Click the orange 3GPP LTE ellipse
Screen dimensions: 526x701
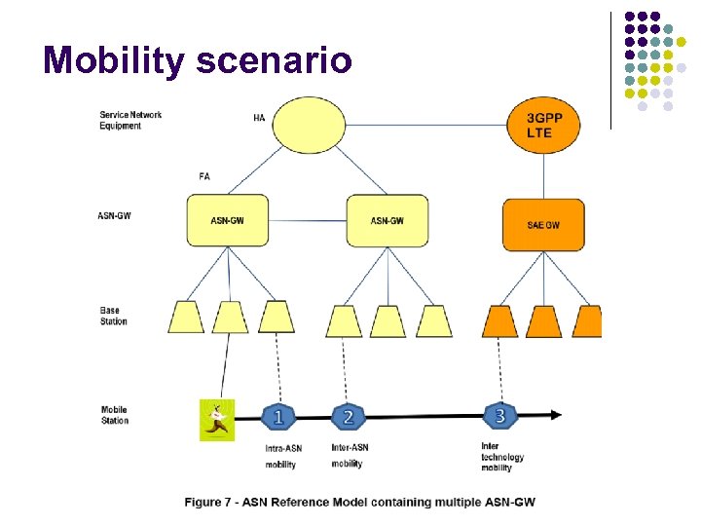click(544, 125)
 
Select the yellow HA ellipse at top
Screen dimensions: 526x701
click(309, 127)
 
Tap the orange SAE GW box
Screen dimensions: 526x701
click(543, 225)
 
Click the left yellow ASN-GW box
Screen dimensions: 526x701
click(228, 220)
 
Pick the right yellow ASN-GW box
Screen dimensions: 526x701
click(387, 220)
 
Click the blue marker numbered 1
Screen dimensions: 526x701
click(278, 418)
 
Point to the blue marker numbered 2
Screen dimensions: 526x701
click(348, 418)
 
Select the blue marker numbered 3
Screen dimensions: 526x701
click(499, 416)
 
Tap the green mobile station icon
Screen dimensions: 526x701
click(217, 420)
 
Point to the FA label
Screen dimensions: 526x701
click(203, 177)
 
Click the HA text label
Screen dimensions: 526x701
click(259, 118)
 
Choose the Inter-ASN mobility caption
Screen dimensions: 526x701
click(350, 455)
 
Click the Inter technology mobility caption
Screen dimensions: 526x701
click(502, 457)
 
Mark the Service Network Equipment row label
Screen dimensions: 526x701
click(130, 120)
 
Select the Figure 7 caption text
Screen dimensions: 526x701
click(360, 503)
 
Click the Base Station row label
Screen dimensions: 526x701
click(113, 316)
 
